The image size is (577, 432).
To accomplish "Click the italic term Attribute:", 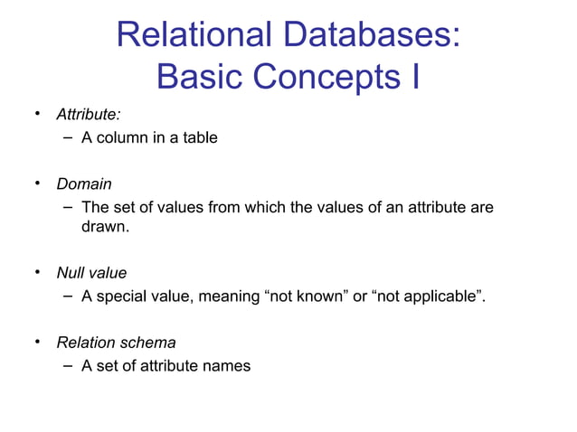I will (89, 115).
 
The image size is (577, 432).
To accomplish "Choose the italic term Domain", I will (84, 184).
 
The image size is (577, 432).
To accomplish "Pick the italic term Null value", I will (91, 273).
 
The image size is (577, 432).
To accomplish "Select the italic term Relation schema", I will (116, 343).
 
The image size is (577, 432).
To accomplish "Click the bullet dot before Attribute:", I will (39, 115).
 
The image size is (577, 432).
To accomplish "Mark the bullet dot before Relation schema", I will (39, 343).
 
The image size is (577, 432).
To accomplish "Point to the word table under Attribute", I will (199, 138).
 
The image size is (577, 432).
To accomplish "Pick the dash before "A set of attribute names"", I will (69, 366).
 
